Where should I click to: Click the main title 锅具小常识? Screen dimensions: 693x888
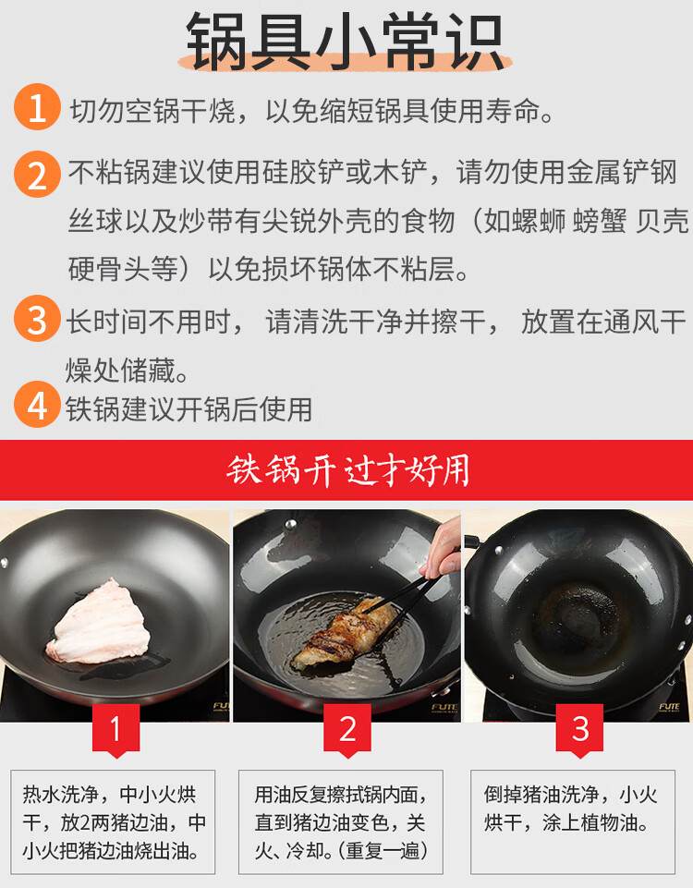pyautogui.click(x=345, y=42)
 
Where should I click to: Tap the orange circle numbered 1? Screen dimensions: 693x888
pyautogui.click(x=37, y=107)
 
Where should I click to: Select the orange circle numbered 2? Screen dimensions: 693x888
pyautogui.click(x=37, y=175)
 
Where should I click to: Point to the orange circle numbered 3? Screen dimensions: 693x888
pyautogui.click(x=37, y=318)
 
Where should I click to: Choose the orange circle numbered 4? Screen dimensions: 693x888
pyautogui.click(x=37, y=405)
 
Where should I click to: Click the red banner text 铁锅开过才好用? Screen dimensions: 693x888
pyautogui.click(x=347, y=470)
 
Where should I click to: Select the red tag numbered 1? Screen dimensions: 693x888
pyautogui.click(x=115, y=729)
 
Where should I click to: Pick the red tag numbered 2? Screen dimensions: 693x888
pyautogui.click(x=347, y=729)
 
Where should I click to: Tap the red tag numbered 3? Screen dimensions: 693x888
pyautogui.click(x=579, y=729)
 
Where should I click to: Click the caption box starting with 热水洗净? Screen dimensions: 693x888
pyautogui.click(x=113, y=821)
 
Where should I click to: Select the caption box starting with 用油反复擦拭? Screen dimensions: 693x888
pyautogui.click(x=341, y=821)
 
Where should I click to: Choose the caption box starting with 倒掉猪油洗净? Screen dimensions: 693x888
pyautogui.click(x=573, y=821)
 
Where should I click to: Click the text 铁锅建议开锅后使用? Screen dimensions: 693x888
pyautogui.click(x=189, y=409)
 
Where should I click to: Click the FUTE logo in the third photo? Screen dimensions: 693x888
pyautogui.click(x=669, y=707)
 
